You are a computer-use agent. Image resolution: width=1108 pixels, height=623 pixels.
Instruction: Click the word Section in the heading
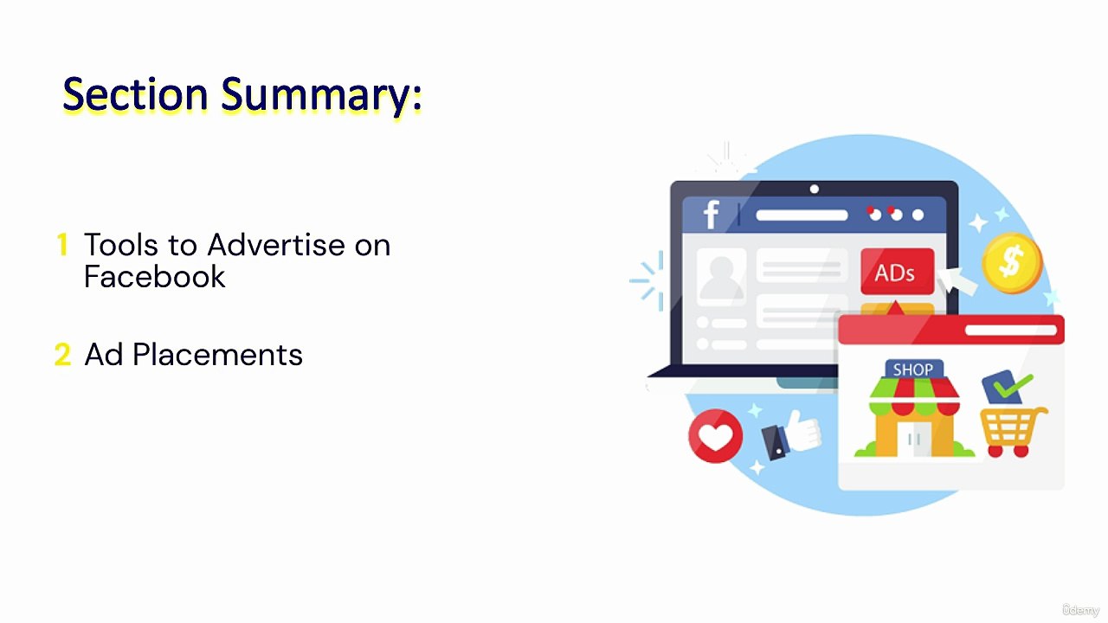[x=135, y=94]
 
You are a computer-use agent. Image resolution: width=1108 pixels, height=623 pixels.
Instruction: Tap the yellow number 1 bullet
[x=62, y=245]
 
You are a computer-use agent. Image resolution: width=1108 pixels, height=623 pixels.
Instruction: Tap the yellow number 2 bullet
[x=62, y=355]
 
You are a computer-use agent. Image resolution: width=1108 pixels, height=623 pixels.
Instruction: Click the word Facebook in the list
[x=155, y=277]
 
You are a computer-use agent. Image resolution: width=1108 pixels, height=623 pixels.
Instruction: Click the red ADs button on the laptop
[x=897, y=273]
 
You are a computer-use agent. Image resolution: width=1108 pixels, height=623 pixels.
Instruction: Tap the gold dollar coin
[x=1011, y=262]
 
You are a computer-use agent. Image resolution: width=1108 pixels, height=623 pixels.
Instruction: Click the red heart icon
[x=715, y=435]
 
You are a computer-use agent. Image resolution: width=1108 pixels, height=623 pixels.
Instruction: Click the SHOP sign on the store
[x=913, y=370]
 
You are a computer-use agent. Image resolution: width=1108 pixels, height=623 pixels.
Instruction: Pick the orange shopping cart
[x=1012, y=430]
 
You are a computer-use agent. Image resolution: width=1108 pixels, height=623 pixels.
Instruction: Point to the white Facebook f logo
[x=711, y=215]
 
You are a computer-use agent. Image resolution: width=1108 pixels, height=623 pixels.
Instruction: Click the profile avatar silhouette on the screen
[x=721, y=277]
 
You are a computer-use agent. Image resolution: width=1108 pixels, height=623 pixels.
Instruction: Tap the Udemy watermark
[x=1080, y=610]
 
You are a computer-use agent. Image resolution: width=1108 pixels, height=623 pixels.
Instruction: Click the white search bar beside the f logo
[x=802, y=215]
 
